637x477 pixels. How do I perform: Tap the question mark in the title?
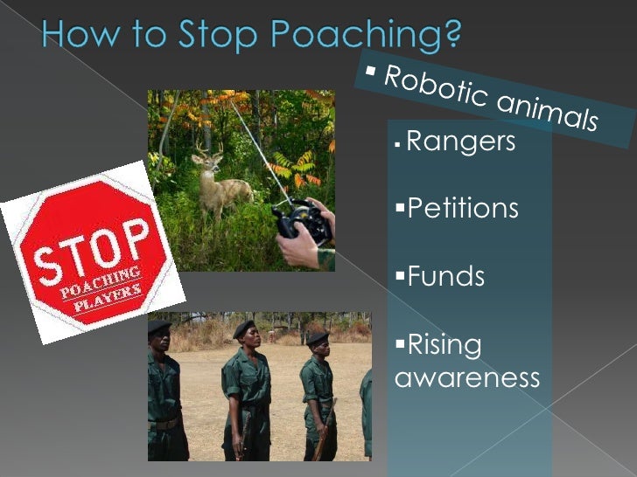pos(452,34)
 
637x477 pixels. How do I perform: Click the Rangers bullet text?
pos(461,141)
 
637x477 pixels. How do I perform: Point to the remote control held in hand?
pos(303,222)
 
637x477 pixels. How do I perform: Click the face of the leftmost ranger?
pos(160,342)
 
